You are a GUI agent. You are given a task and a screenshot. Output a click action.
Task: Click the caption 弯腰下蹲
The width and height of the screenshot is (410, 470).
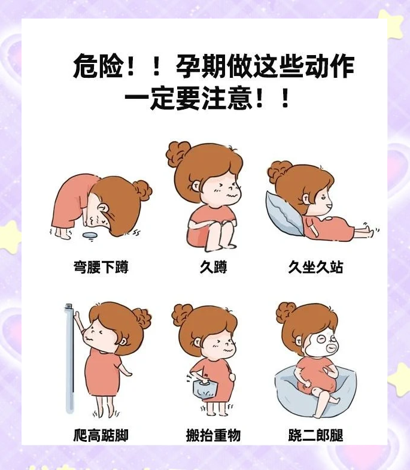click(101, 267)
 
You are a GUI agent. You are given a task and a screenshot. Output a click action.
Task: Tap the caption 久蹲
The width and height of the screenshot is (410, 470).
click(213, 267)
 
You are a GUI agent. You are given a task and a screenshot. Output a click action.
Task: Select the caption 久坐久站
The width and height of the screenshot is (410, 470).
click(315, 267)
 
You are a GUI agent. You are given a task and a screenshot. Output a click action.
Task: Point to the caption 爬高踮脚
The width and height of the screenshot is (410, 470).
click(101, 435)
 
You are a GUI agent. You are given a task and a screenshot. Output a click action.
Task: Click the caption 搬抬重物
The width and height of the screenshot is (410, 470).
click(213, 435)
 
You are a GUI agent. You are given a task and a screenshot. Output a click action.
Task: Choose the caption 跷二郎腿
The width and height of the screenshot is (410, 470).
click(315, 435)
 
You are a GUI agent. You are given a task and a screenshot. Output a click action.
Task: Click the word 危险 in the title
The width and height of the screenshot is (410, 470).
click(98, 66)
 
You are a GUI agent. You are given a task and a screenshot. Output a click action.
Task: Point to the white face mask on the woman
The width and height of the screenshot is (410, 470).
click(317, 344)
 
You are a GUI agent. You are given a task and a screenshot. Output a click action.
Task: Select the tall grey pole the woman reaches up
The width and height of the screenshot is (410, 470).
click(69, 359)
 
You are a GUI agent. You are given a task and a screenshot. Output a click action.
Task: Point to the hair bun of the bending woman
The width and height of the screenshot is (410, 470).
click(143, 190)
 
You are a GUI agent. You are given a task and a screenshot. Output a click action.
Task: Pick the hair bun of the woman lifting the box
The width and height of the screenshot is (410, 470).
click(181, 314)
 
